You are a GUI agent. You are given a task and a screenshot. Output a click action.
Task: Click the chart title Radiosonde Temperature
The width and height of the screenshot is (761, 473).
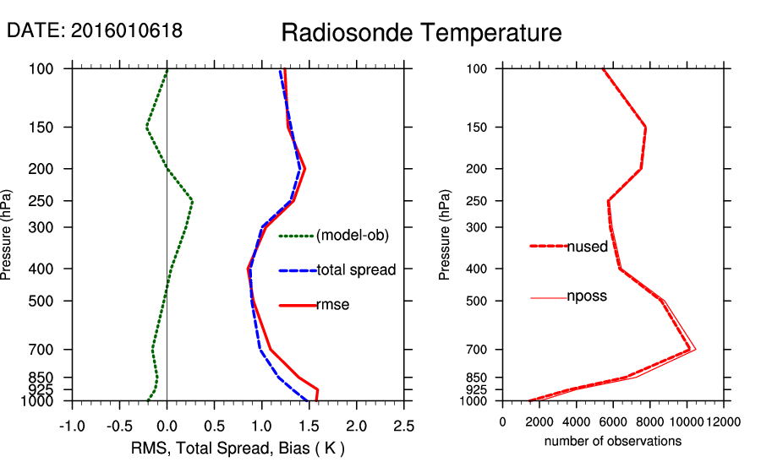pos(420,33)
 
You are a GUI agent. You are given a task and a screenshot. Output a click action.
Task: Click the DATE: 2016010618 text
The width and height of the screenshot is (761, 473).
pos(95,30)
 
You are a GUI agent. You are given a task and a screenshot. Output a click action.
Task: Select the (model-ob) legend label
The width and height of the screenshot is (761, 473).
pos(352,236)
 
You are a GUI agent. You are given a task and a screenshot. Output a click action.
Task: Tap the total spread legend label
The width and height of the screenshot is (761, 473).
pos(356,270)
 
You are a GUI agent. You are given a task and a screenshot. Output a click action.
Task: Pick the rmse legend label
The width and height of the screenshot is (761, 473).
pos(333,305)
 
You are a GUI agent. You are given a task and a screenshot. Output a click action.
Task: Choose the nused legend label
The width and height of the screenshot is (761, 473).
pos(587,247)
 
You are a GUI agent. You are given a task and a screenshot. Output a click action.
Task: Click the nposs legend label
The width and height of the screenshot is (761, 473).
pos(587,296)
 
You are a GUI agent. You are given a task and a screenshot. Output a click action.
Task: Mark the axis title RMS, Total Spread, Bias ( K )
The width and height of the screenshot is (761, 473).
pos(238,447)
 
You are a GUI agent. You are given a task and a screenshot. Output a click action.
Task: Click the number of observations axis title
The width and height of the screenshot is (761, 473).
pos(612,441)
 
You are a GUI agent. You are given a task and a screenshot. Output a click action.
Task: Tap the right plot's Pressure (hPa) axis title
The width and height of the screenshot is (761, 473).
pos(445,236)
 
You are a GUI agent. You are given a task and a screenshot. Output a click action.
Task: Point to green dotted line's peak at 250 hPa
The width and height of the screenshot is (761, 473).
pos(193,201)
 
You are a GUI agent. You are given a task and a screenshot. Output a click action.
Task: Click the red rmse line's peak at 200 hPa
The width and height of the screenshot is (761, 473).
pos(305,169)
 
